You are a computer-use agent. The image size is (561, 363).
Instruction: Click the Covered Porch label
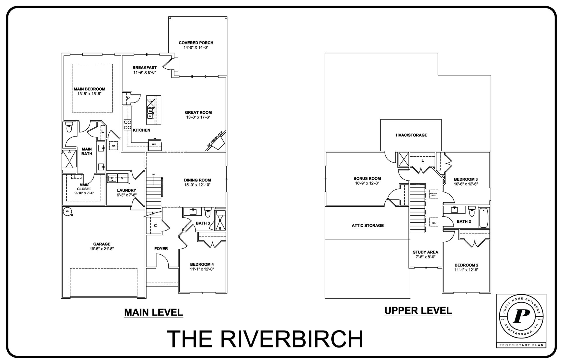[196, 43]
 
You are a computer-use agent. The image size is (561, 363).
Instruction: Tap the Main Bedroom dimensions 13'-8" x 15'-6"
[89, 94]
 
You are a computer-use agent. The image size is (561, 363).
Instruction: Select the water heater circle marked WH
[67, 211]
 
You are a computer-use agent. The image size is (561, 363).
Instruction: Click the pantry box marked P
[128, 98]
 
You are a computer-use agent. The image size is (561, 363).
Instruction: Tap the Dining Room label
[197, 180]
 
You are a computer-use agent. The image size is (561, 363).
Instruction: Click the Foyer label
[161, 248]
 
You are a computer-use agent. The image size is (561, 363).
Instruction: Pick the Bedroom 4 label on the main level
[202, 265]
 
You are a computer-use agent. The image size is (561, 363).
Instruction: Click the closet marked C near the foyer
[155, 225]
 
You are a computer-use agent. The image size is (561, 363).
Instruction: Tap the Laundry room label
[127, 190]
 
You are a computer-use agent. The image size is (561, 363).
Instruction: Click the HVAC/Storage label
[411, 135]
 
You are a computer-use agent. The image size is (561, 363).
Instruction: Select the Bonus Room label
[367, 178]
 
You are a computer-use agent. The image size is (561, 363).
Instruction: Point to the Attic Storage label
[368, 225]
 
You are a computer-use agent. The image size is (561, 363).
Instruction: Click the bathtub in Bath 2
[484, 218]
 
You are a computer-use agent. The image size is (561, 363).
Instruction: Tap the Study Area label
[425, 252]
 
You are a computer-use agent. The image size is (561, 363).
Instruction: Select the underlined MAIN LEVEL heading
[153, 312]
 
